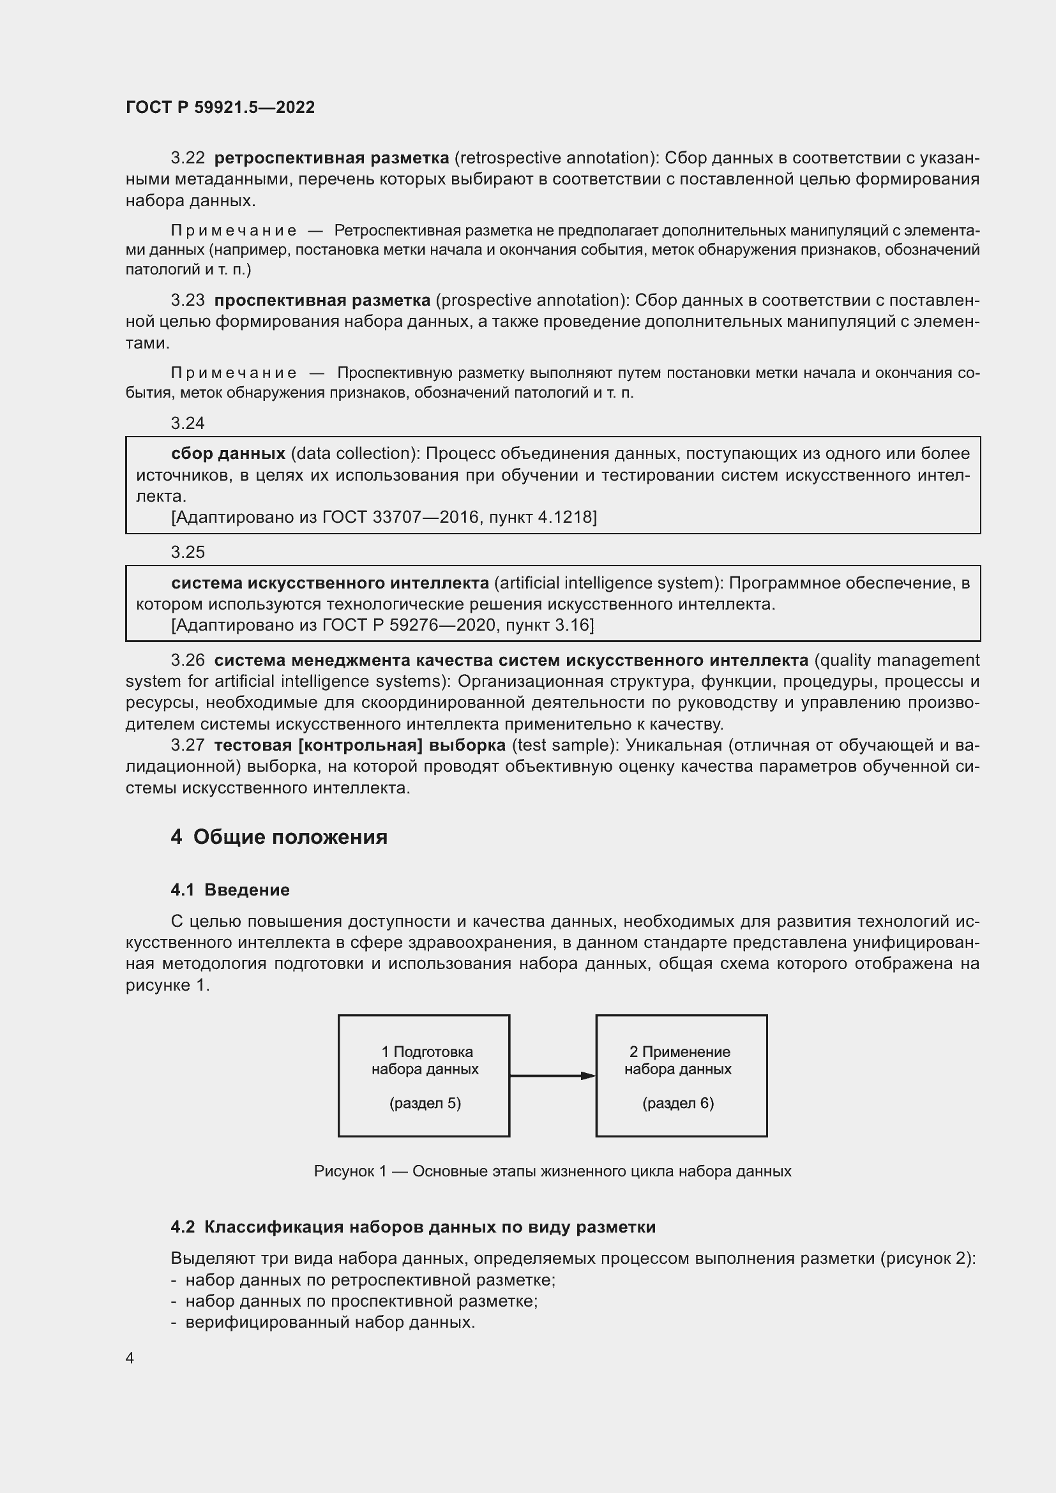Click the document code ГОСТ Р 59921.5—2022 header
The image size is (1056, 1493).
tap(220, 107)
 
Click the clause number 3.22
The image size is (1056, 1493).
tap(187, 158)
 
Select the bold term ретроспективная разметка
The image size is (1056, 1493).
tap(331, 158)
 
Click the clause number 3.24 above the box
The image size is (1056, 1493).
tap(187, 423)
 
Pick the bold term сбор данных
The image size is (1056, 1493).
tap(228, 453)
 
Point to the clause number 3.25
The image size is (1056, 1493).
tap(187, 552)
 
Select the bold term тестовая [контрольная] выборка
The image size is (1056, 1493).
tap(359, 745)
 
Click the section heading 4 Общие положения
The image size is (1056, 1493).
tap(279, 837)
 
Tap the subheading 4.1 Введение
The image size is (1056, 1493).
tap(230, 890)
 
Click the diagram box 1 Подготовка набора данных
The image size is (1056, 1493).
tap(424, 1076)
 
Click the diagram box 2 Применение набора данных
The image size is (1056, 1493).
tap(681, 1076)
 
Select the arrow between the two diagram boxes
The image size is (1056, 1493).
tap(552, 1076)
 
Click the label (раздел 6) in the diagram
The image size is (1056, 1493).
tap(678, 1103)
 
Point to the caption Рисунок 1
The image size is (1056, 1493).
tap(552, 1171)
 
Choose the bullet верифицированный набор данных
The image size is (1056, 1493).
tap(330, 1322)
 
